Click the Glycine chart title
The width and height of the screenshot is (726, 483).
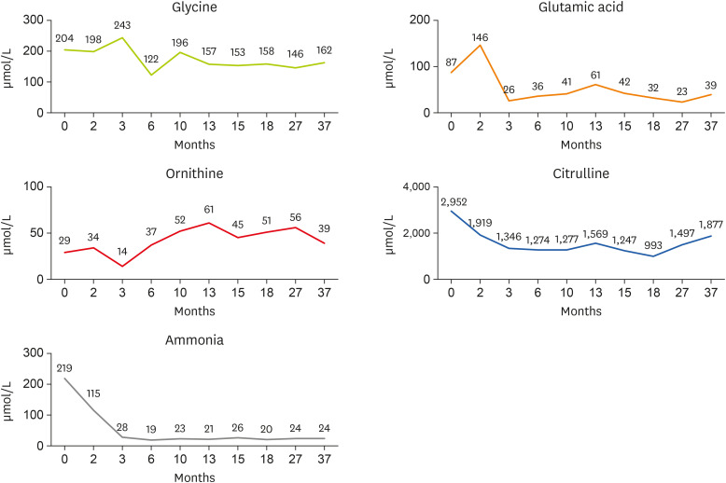(201, 7)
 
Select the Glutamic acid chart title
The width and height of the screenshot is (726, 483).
(574, 7)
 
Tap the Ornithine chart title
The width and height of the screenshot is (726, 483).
(201, 173)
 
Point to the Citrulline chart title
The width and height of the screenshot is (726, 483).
(574, 173)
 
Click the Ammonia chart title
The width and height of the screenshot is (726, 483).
(201, 339)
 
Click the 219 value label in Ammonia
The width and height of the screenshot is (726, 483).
(64, 367)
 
